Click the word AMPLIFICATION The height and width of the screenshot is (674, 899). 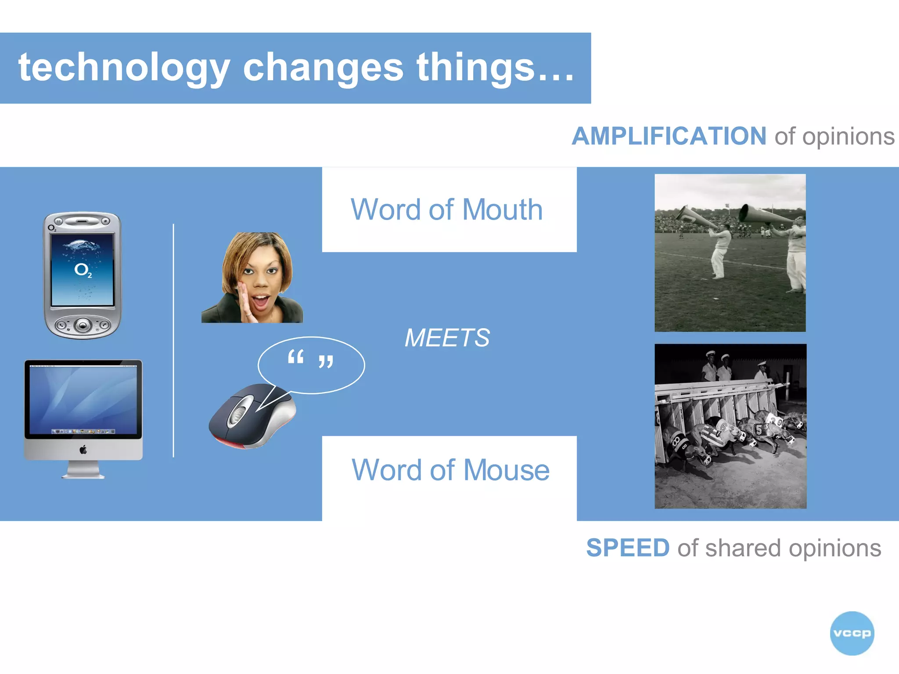(669, 136)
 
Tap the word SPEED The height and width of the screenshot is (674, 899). (628, 548)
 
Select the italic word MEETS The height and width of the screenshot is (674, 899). (447, 338)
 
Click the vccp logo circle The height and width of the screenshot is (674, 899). (852, 633)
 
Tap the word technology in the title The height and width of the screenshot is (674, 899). (124, 68)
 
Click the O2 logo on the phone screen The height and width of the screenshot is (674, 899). (83, 270)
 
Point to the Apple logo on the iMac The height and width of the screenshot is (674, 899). (83, 449)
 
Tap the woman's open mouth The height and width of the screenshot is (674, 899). (262, 301)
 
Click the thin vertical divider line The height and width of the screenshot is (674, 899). (173, 340)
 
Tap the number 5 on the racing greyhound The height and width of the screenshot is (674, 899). (758, 430)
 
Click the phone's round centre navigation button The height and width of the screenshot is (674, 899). (83, 325)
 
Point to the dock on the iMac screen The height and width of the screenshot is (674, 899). (83, 431)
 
